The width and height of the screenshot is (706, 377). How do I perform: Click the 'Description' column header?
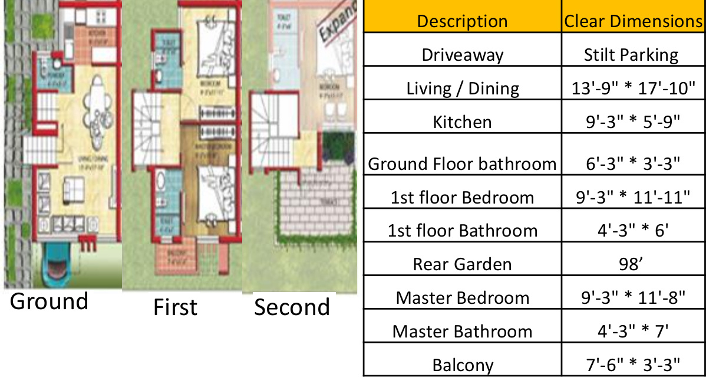click(462, 21)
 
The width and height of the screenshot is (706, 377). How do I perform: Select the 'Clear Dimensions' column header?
click(634, 21)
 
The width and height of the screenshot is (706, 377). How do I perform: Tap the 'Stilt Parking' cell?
click(631, 55)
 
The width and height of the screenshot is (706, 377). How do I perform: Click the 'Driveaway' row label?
click(463, 55)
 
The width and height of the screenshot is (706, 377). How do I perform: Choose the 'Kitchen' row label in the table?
click(462, 122)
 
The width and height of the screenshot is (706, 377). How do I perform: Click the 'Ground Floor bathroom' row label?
click(462, 163)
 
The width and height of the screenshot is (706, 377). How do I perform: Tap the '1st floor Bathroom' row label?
click(463, 230)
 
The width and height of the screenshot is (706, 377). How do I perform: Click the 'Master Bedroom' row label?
click(463, 297)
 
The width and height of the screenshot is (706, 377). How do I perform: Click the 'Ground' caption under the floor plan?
click(49, 301)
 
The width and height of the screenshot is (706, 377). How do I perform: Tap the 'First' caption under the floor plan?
click(175, 307)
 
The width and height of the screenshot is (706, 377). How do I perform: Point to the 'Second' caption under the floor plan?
click(292, 307)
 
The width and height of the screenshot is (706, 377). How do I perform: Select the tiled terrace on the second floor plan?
click(315, 206)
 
